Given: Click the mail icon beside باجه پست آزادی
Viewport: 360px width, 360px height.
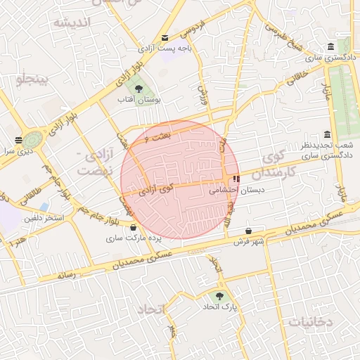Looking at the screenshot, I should click(165, 38).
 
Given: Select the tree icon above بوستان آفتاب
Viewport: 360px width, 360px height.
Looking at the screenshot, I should click(139, 89).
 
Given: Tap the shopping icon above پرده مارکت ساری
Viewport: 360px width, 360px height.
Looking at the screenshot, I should click(133, 226).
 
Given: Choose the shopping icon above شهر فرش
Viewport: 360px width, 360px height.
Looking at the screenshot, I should click(249, 231).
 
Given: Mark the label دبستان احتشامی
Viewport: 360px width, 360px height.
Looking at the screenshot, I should click(230, 190).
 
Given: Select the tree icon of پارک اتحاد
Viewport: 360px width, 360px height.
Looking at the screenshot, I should click(221, 297).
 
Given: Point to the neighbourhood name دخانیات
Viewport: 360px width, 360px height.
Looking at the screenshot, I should click(309, 321).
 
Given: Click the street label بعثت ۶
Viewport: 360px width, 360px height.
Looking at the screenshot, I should click(159, 137).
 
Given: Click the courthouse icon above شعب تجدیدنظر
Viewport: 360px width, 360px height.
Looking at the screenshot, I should click(327, 135).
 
